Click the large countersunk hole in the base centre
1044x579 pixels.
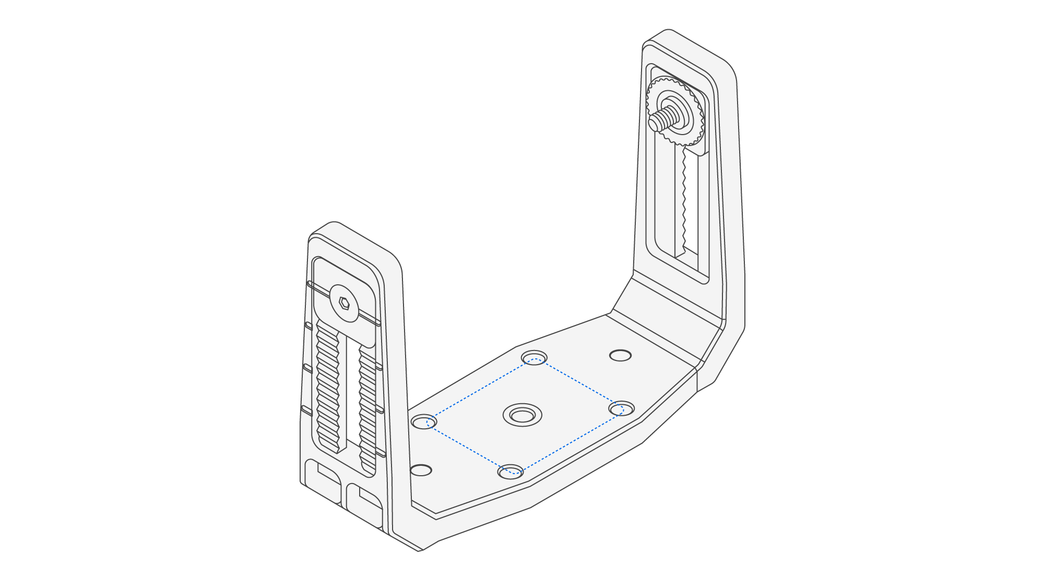click(522, 415)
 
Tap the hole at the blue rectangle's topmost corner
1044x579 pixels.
click(535, 358)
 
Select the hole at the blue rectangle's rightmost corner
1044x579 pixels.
click(622, 408)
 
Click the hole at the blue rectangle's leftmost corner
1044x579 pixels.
click(424, 421)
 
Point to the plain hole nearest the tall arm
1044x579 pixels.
click(621, 355)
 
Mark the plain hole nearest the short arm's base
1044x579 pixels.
click(421, 470)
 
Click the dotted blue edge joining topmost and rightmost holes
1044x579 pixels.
click(578, 384)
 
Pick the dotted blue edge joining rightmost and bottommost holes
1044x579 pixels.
click(566, 441)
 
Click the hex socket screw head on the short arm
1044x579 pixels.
click(344, 303)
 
